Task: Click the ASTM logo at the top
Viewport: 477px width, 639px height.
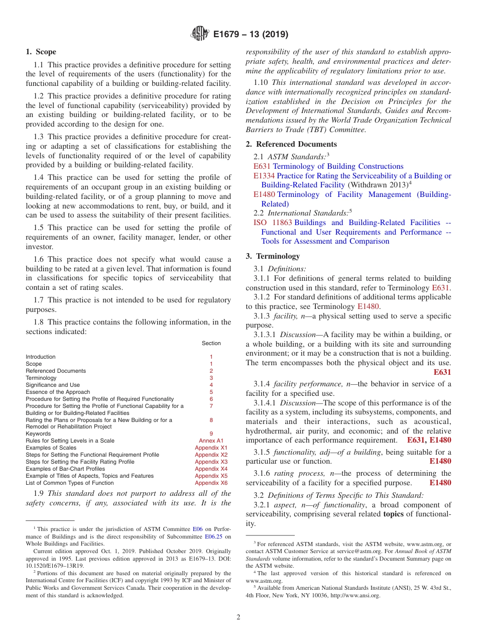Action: [199, 34]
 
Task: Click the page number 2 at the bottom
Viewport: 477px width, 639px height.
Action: [238, 617]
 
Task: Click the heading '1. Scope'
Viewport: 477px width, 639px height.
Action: [41, 52]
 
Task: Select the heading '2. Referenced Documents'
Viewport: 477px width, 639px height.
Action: [291, 144]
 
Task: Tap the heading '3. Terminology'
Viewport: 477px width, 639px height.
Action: [273, 256]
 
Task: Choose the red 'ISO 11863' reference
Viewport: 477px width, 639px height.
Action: [267, 223]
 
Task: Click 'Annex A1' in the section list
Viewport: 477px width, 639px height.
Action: [211, 441]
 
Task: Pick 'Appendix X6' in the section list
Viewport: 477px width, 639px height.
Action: [211, 483]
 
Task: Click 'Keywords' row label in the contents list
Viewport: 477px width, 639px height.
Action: [38, 434]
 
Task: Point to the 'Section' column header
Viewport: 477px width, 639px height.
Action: [211, 343]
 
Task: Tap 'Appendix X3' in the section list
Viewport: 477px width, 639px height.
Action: [211, 462]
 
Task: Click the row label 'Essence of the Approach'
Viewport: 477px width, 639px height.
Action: [58, 392]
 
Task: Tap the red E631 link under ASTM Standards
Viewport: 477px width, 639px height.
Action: [262, 166]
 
